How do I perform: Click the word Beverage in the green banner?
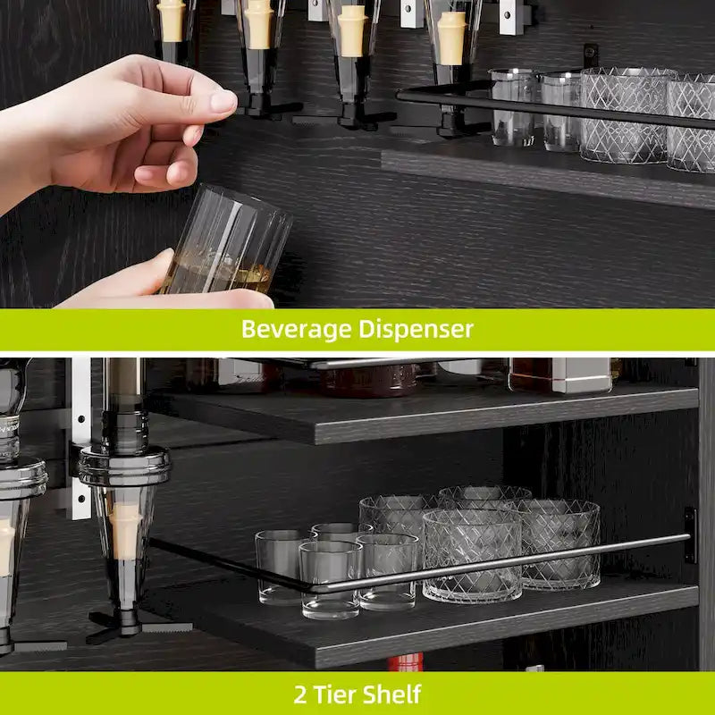click(295, 330)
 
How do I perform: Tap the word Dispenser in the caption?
click(416, 330)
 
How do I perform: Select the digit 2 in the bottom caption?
click(300, 694)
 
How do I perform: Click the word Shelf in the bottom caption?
click(394, 694)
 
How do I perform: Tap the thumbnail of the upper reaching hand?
click(223, 101)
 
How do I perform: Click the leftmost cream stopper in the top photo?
click(171, 20)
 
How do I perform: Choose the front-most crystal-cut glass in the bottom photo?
click(472, 554)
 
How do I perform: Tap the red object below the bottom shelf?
click(406, 662)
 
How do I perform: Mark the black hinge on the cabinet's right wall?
click(689, 534)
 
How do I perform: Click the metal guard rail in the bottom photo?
click(500, 564)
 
